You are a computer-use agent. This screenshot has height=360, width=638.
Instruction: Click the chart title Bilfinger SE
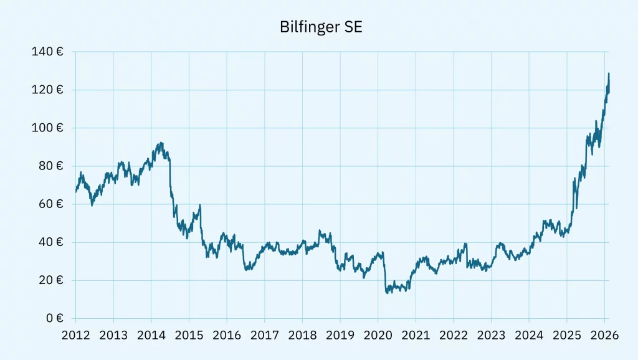[x=318, y=28]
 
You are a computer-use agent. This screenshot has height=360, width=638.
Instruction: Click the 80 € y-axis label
[x=50, y=166]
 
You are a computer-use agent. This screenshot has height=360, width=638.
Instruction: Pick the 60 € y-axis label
[x=50, y=204]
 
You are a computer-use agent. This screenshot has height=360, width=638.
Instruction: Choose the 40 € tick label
[x=50, y=242]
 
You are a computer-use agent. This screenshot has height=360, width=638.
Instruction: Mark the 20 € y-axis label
[x=50, y=280]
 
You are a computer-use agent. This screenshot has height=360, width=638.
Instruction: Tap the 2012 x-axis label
[x=75, y=336]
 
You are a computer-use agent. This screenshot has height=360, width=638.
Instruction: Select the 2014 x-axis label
[x=151, y=336]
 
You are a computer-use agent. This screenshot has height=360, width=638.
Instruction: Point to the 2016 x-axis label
[x=227, y=336]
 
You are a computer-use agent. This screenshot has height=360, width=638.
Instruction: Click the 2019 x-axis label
[x=340, y=336]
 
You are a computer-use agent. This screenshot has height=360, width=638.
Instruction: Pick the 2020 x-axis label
[x=378, y=336]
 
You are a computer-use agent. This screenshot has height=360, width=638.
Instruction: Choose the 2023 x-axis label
[x=492, y=336]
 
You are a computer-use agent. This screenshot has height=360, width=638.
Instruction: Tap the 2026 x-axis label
[x=605, y=336]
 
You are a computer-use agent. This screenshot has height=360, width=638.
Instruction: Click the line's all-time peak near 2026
[x=608, y=73]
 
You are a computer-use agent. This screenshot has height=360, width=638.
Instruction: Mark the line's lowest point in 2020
[x=387, y=293]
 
